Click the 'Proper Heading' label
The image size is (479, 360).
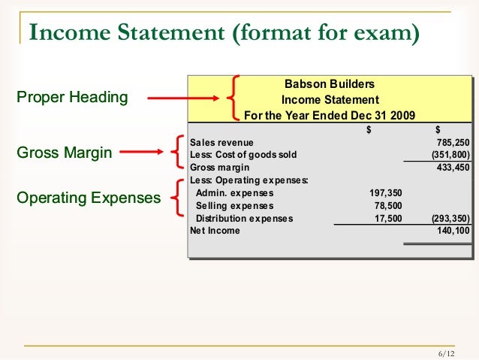point(72,98)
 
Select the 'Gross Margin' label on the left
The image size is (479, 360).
point(64,154)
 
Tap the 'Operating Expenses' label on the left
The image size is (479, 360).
point(88,198)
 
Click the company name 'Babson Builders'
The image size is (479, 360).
point(330,84)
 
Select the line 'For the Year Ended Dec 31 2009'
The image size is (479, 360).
point(330,116)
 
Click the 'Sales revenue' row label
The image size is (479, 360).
point(222,142)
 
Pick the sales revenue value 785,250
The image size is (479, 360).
point(453,142)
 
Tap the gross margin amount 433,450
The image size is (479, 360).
point(453,167)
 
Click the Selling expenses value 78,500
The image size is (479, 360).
point(387,206)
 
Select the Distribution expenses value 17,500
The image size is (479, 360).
point(387,219)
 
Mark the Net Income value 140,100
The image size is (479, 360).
point(453,231)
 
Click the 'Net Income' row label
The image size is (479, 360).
point(215,231)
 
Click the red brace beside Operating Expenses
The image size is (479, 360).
point(176,199)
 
